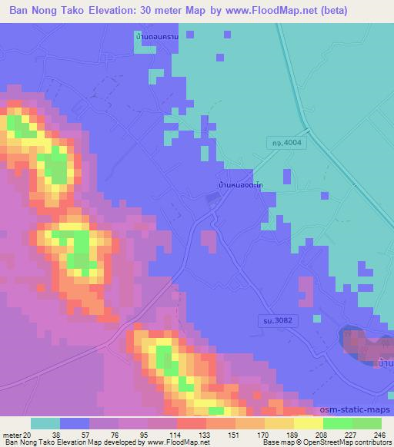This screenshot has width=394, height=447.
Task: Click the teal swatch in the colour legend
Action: pyautogui.click(x=45, y=423)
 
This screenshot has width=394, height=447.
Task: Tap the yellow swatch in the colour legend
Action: pyautogui.click(x=308, y=423)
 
